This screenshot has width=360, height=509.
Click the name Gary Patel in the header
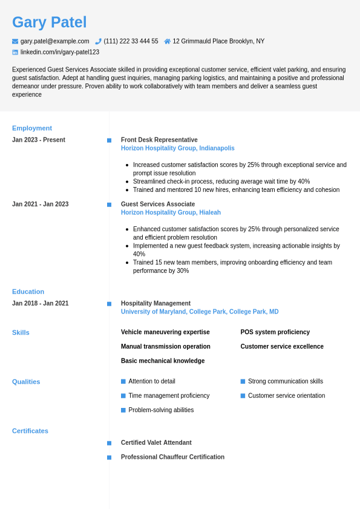click(49, 22)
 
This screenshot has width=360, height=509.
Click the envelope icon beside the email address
click(15, 41)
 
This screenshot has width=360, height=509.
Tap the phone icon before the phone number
click(98, 41)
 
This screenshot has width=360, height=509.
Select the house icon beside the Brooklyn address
click(167, 41)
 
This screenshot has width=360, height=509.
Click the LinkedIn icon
click(15, 52)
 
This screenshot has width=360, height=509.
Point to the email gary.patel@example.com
click(54, 41)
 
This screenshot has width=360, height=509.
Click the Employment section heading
click(32, 128)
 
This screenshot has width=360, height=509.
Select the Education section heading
click(28, 292)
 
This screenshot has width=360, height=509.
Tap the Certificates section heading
click(30, 431)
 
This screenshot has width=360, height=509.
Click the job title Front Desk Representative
click(159, 140)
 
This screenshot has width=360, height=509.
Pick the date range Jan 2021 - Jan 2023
click(40, 204)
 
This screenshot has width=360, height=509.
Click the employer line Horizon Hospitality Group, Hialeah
click(171, 212)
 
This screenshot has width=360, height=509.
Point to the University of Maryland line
click(200, 312)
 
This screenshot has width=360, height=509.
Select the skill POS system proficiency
click(275, 332)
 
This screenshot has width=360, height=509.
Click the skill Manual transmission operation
click(165, 347)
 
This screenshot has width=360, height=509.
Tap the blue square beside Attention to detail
click(123, 381)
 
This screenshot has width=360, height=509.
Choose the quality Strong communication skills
click(285, 381)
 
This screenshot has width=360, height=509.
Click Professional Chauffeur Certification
click(172, 457)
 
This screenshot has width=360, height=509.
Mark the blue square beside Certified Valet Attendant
click(110, 443)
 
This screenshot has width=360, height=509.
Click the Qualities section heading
click(26, 382)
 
